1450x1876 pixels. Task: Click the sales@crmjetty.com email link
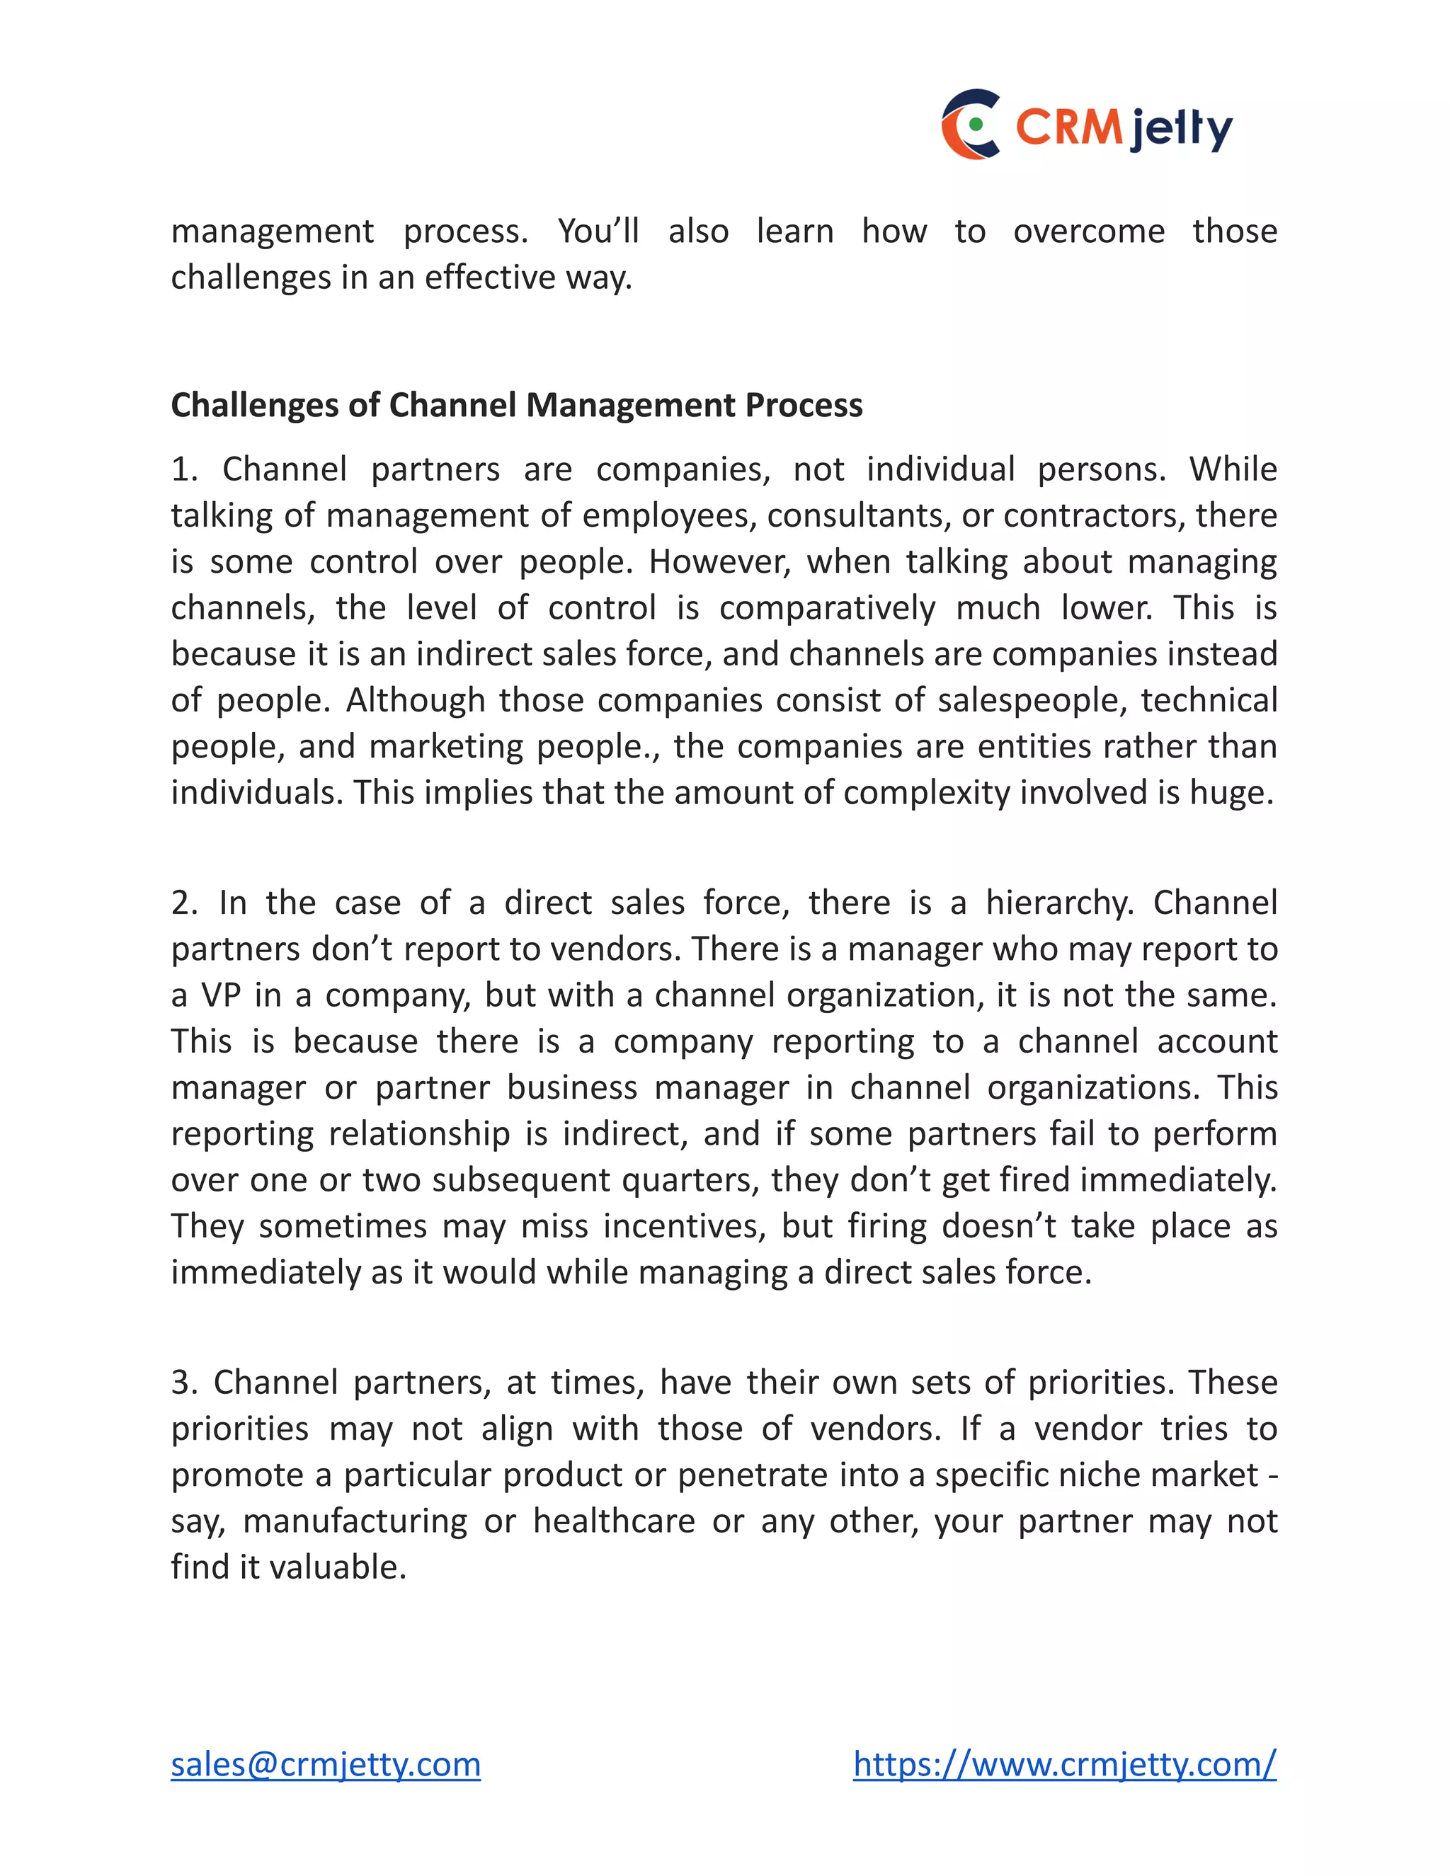tap(326, 1764)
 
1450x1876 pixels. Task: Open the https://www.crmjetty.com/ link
tap(1064, 1764)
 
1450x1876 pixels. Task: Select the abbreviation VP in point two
tap(220, 995)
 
